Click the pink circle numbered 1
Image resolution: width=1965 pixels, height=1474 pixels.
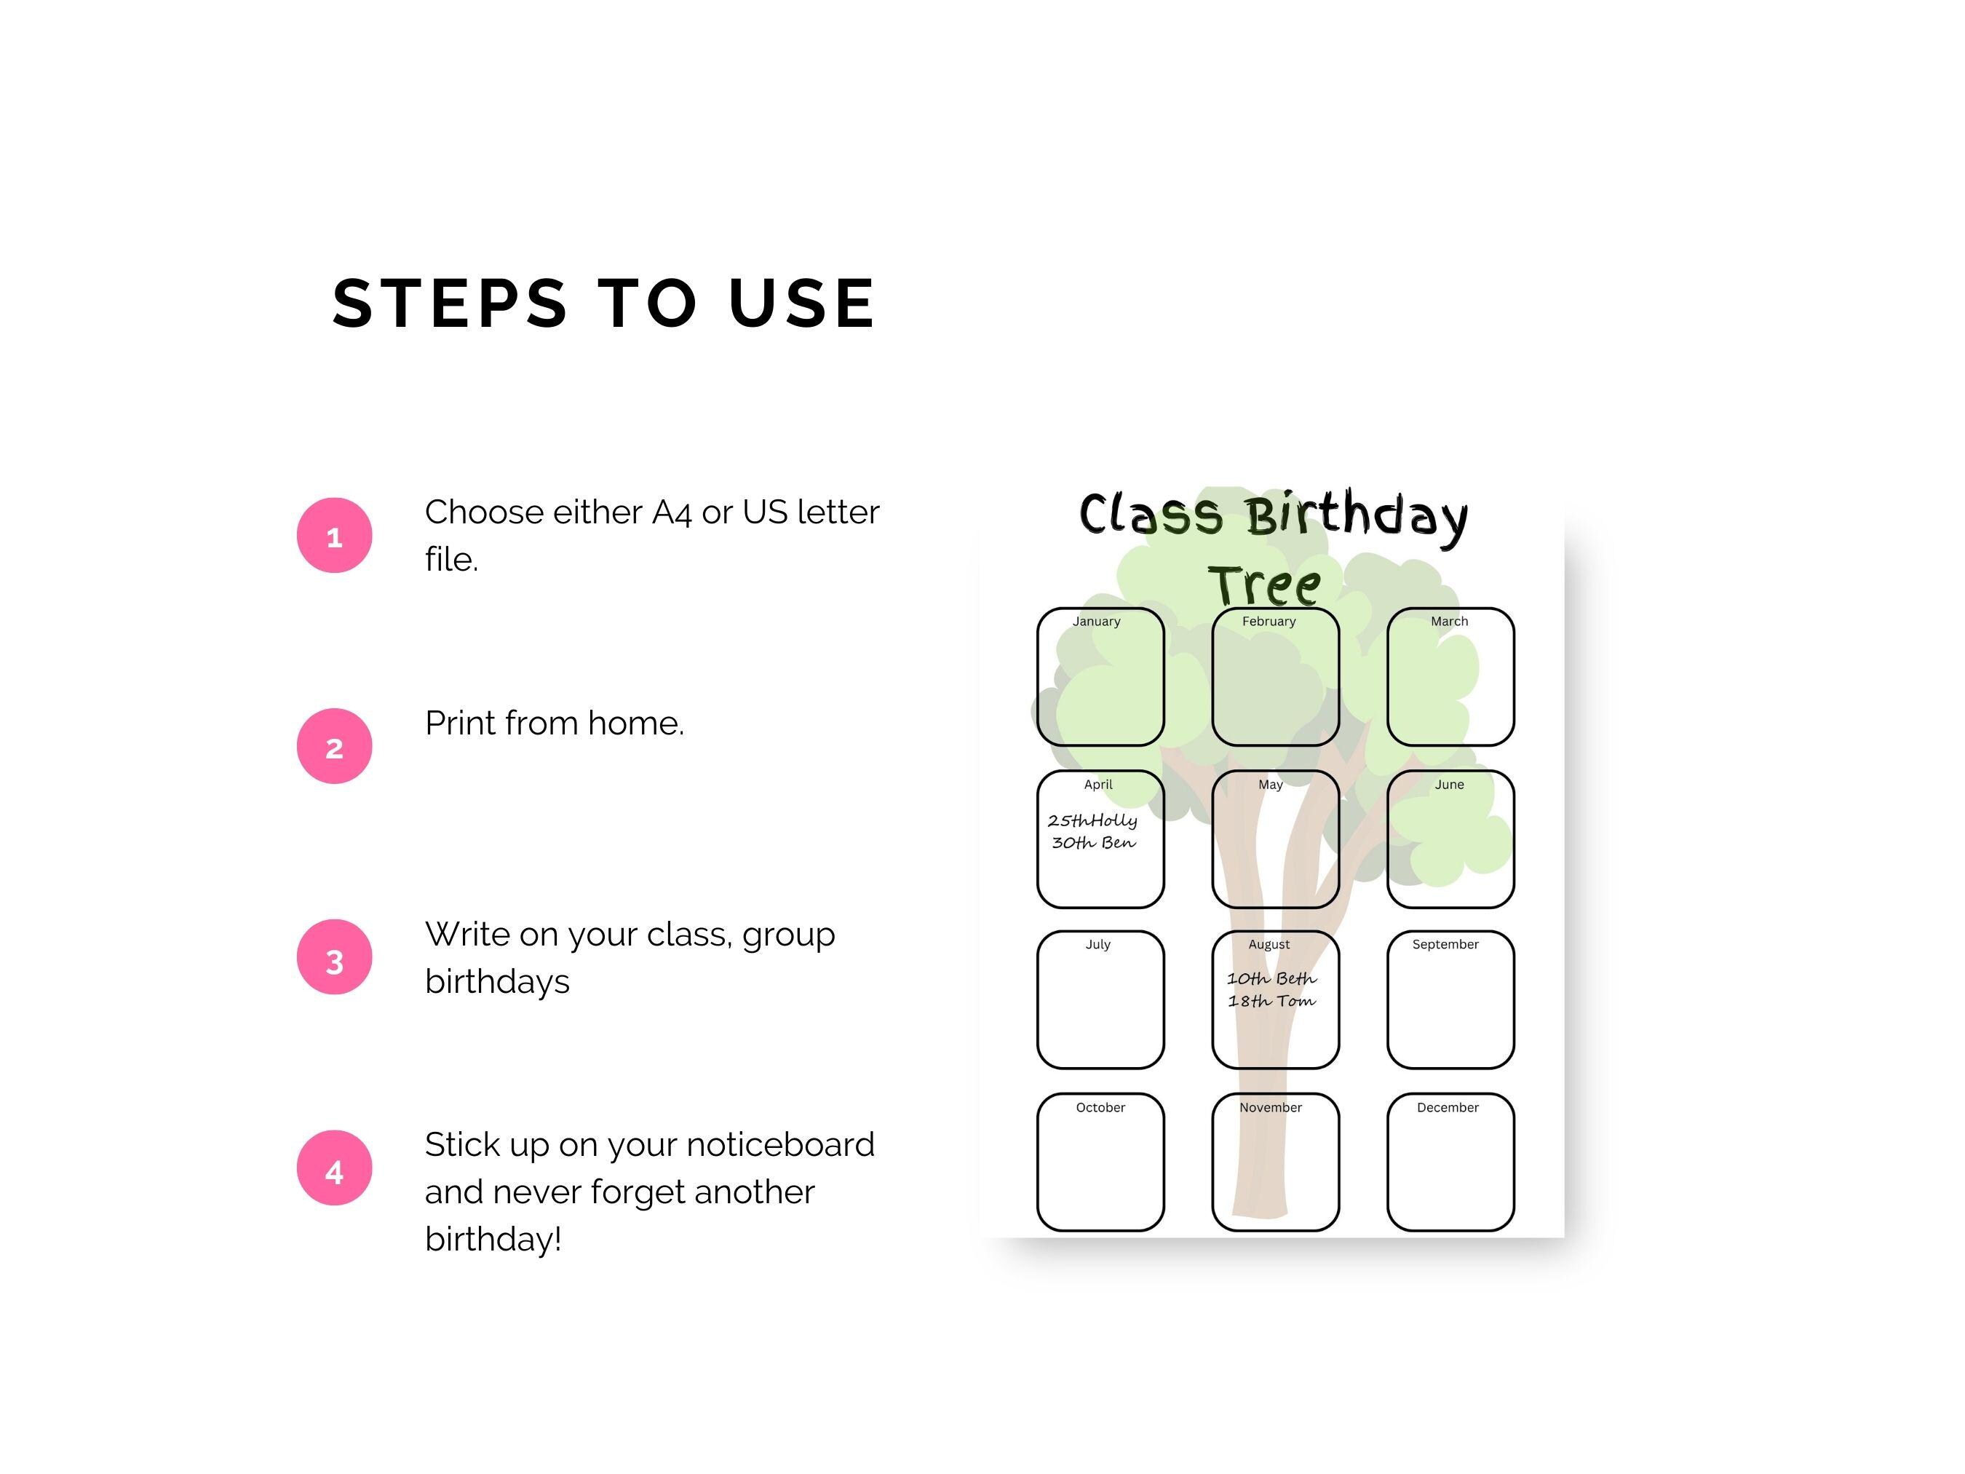click(334, 536)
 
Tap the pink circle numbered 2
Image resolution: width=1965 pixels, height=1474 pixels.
click(334, 746)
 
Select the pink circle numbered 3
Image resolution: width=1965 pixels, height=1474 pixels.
click(334, 957)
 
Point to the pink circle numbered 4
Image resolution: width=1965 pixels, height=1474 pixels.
click(334, 1168)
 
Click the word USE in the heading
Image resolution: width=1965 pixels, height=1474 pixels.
click(802, 303)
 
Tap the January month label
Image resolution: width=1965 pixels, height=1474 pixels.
click(1096, 621)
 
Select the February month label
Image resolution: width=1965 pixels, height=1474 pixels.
click(1269, 621)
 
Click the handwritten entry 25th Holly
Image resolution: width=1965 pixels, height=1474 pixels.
click(1092, 820)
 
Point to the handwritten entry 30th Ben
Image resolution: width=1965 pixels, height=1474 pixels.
click(1094, 842)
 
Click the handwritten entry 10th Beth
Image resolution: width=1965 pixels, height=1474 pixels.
click(1271, 978)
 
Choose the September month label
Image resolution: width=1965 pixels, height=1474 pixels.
click(1445, 945)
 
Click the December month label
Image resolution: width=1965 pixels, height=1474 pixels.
click(1447, 1107)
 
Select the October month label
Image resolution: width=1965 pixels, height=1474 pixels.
click(1100, 1107)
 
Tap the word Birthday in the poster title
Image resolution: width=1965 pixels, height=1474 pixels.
click(1356, 515)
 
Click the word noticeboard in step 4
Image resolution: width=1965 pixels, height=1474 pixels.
click(780, 1144)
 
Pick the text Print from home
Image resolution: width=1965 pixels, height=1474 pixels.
click(555, 724)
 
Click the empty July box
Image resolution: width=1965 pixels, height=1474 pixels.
click(1100, 1008)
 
